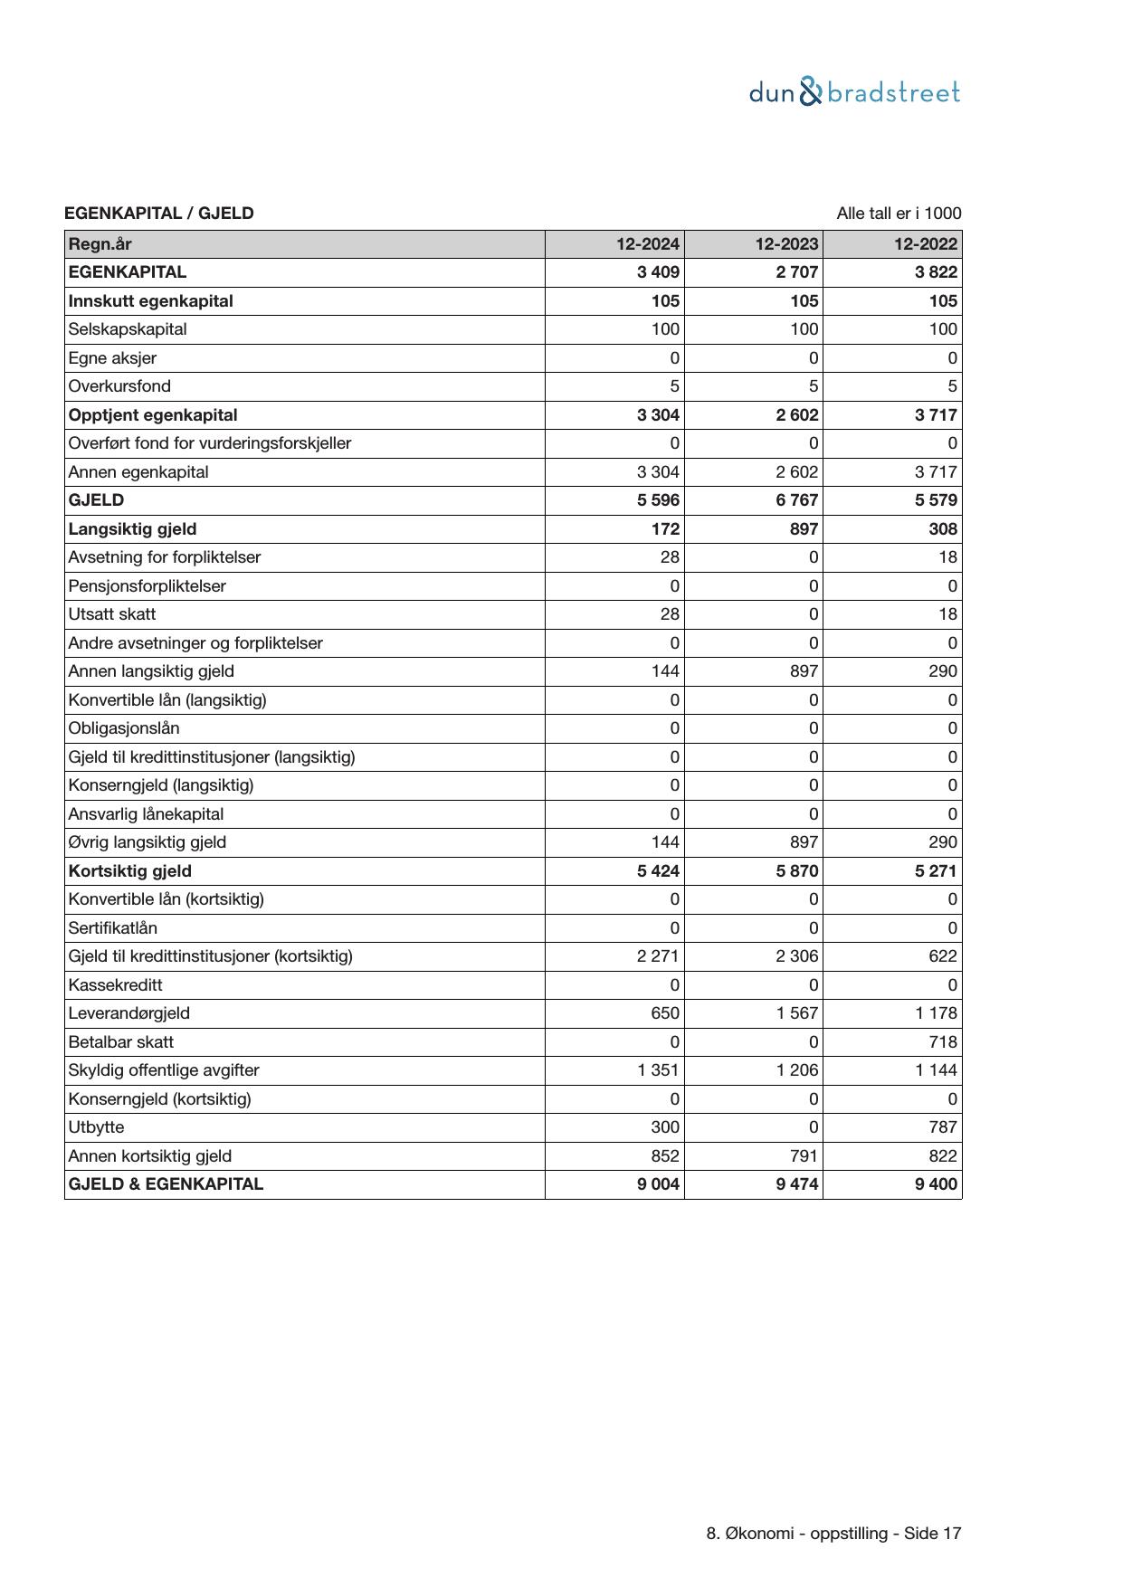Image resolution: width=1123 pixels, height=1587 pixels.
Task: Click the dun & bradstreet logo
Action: [854, 92]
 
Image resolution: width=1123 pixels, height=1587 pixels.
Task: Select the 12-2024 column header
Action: [647, 243]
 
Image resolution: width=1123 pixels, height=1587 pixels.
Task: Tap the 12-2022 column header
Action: [925, 243]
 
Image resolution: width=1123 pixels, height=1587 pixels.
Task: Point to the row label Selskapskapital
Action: [128, 329]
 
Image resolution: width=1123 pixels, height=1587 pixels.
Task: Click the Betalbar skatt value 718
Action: [942, 1042]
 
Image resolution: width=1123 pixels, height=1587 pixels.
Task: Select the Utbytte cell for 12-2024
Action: [665, 1127]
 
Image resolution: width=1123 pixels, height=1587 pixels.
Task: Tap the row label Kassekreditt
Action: [116, 985]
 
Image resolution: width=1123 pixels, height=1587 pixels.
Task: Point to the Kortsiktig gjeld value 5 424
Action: [658, 871]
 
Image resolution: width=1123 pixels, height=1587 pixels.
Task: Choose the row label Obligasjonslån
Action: [124, 728]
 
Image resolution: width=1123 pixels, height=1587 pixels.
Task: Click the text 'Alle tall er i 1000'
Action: [899, 214]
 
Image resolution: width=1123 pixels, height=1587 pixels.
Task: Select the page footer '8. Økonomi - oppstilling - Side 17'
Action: [833, 1534]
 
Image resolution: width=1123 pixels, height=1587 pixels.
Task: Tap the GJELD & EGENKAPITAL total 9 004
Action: [658, 1184]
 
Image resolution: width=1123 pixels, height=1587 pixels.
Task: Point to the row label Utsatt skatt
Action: [112, 614]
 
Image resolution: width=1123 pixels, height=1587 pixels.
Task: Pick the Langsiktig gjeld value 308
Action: [942, 529]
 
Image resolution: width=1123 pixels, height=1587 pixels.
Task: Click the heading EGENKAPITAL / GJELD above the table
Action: [159, 214]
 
